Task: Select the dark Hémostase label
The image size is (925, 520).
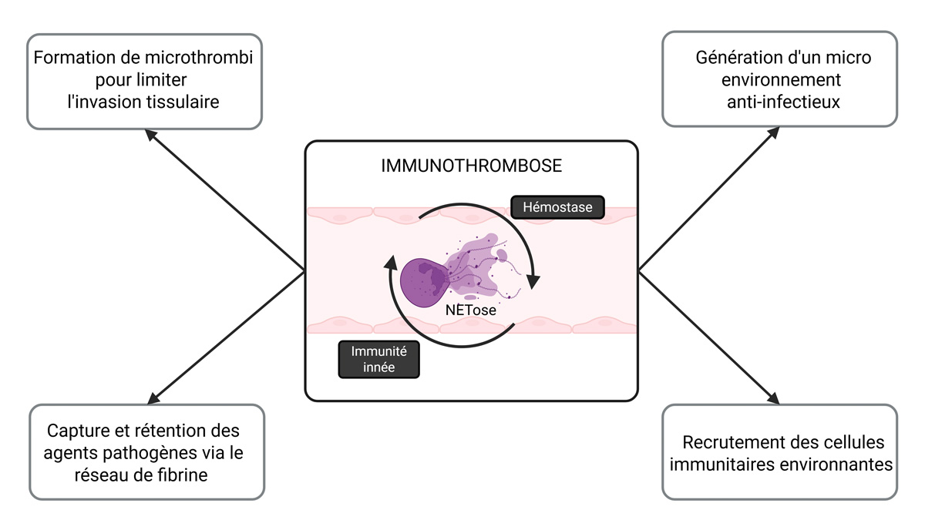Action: pyautogui.click(x=557, y=207)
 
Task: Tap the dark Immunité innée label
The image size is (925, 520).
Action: pyautogui.click(x=379, y=359)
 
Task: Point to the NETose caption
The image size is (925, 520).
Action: pyautogui.click(x=471, y=311)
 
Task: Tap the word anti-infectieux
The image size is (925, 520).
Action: pyautogui.click(x=779, y=102)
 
